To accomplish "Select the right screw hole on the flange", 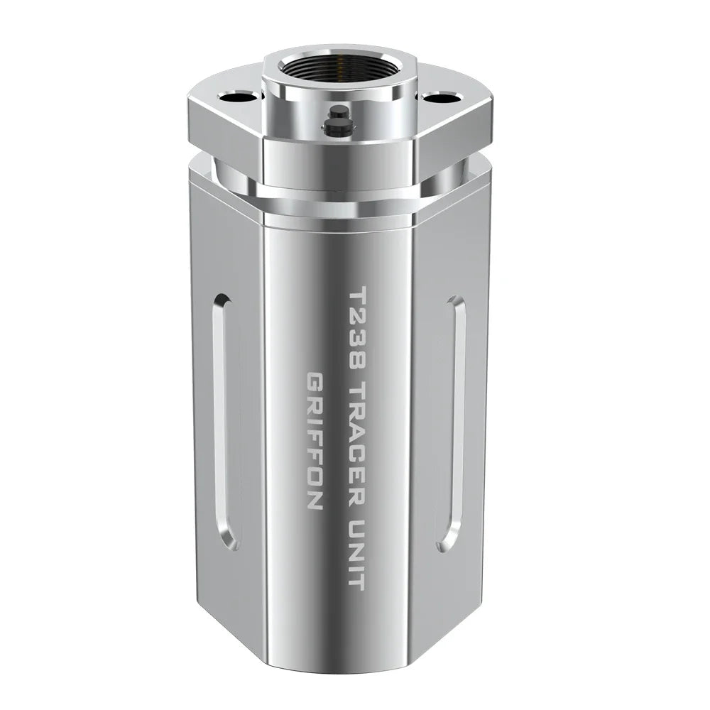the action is [x=439, y=97].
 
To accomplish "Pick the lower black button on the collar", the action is [x=334, y=126].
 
